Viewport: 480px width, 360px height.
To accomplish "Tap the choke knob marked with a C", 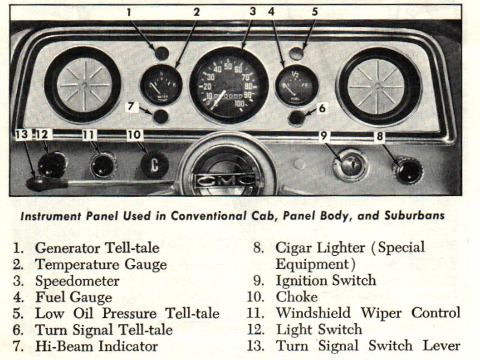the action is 155,164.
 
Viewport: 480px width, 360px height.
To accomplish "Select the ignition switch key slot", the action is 350,166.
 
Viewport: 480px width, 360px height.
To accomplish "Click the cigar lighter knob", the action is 408,170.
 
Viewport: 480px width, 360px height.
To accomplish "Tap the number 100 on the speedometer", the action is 239,103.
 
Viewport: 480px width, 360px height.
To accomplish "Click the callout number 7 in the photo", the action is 131,106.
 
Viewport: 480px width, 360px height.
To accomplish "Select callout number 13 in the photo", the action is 22,134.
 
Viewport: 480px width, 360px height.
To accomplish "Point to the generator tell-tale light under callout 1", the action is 161,53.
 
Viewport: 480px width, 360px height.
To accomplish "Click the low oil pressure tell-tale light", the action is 296,53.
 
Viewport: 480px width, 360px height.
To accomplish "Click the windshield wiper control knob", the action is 103,166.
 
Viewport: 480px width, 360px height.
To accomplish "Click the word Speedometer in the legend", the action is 77,281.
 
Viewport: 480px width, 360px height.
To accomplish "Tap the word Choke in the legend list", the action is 296,297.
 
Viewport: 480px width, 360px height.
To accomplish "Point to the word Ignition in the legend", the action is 301,281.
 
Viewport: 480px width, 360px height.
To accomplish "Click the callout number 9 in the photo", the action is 323,135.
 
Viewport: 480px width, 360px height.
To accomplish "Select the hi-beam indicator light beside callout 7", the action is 160,116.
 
